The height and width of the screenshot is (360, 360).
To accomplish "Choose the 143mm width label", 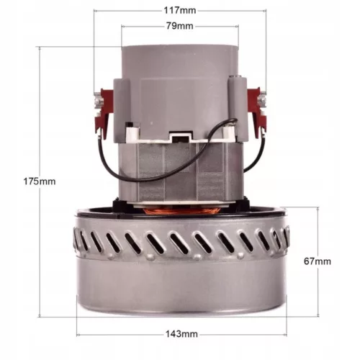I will (x=180, y=334).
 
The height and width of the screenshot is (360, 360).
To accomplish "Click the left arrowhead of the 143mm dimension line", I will (x=78, y=334).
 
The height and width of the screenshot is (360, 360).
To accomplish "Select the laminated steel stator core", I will (x=180, y=173).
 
